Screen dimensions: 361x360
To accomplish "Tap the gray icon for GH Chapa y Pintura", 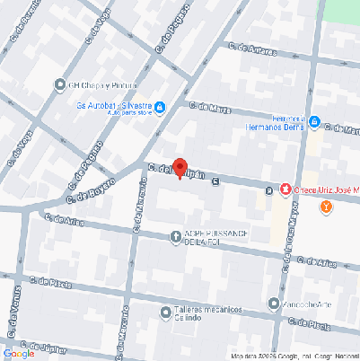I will pyautogui.click(x=61, y=86).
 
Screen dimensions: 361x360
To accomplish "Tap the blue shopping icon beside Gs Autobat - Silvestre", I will pyautogui.click(x=160, y=109).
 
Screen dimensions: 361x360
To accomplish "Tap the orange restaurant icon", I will pyautogui.click(x=326, y=207).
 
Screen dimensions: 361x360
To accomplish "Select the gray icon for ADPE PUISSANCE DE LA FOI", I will pyautogui.click(x=176, y=237).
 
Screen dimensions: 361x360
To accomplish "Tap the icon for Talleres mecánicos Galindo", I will pyautogui.click(x=165, y=313).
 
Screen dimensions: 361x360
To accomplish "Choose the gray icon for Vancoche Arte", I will pyautogui.click(x=274, y=304).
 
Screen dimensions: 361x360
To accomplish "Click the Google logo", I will pyautogui.click(x=19, y=353).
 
